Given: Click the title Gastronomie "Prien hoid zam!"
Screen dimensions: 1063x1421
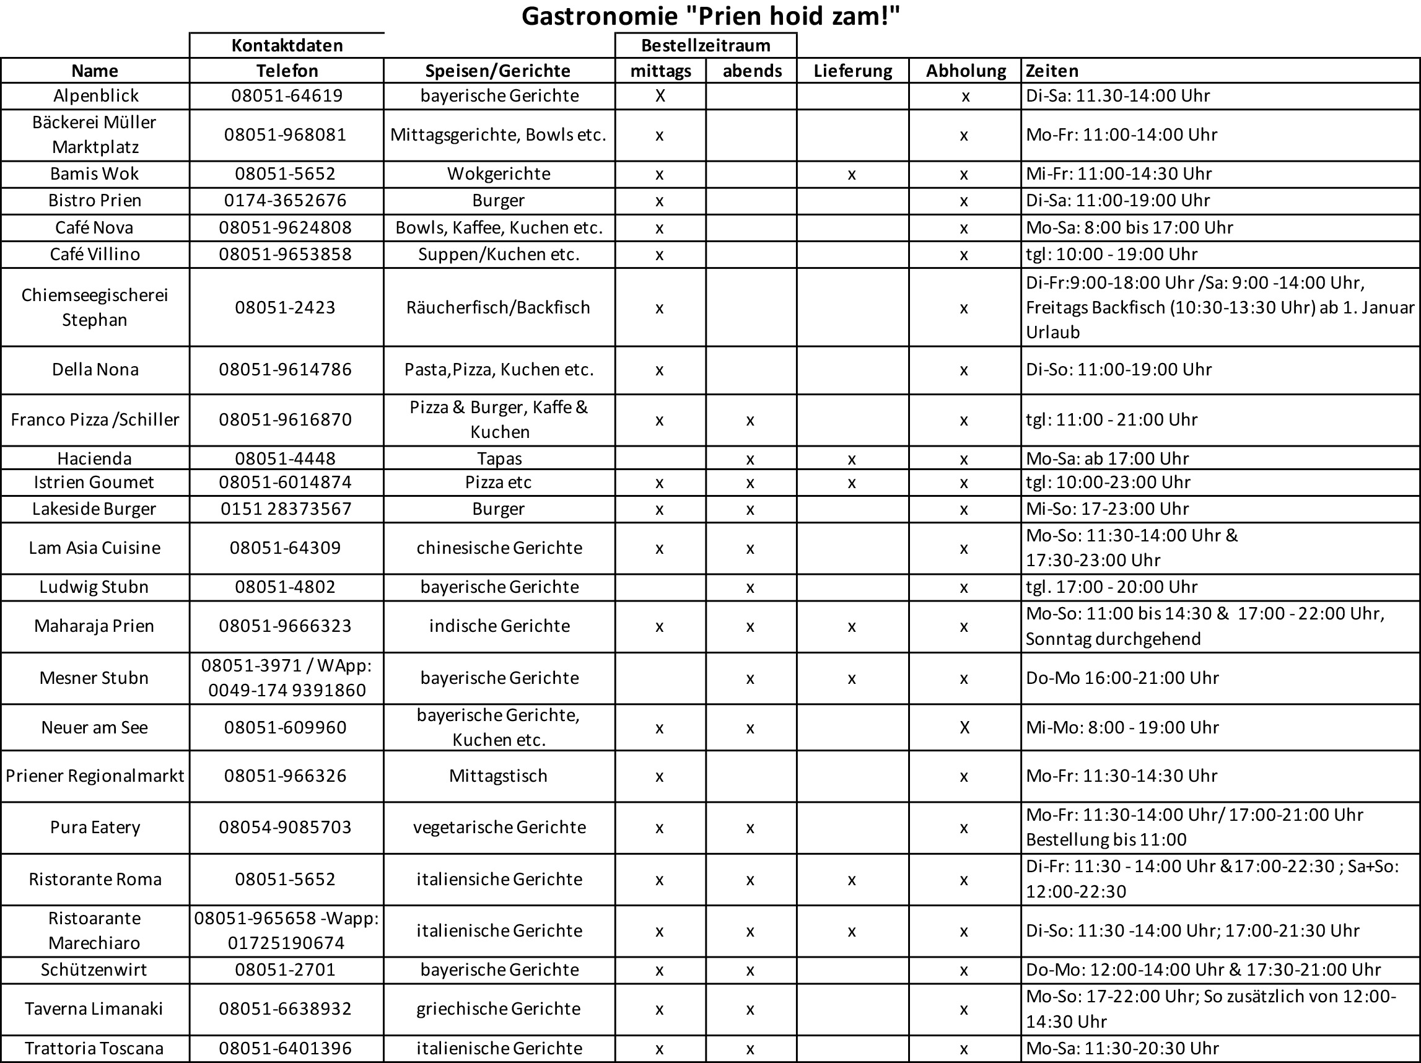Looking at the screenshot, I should [710, 16].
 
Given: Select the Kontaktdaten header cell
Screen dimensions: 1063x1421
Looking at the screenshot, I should [287, 46].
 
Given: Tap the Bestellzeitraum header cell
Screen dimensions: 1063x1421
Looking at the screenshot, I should [706, 46].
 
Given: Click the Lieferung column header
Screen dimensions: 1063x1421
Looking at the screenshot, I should [852, 71].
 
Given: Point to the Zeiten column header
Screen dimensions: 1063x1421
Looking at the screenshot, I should [1052, 71].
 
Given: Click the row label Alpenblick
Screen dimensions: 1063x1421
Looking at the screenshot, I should [95, 95].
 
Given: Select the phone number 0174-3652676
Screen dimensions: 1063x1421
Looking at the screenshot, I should [285, 200].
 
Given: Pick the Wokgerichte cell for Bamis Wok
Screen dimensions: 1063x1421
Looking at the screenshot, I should [499, 173].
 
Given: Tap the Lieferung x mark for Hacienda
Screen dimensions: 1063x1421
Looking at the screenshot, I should [852, 458].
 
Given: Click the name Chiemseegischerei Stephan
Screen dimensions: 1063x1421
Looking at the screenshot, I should [94, 307].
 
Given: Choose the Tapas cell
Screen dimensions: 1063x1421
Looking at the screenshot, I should [499, 458].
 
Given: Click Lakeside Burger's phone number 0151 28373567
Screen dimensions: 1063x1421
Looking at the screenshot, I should [286, 509].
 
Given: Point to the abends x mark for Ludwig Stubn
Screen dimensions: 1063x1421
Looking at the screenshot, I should [750, 587].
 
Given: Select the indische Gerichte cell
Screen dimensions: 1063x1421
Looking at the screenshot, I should [499, 626].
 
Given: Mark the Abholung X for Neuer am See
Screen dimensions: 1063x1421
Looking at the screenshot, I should [964, 727].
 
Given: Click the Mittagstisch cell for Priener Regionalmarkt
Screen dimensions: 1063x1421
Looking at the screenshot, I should [498, 776].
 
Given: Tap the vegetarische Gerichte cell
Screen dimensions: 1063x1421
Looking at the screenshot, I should [499, 827].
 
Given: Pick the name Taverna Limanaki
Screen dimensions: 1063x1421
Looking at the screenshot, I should [94, 1008].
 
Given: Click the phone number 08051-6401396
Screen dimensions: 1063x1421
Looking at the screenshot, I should [285, 1048].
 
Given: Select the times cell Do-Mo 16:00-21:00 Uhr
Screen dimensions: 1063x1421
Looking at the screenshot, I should [1122, 678].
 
